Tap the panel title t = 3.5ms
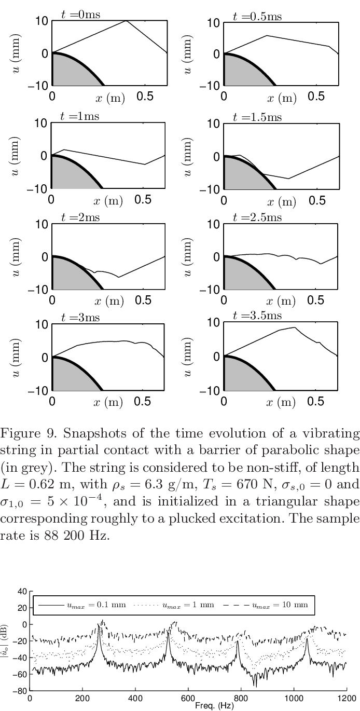click(x=257, y=316)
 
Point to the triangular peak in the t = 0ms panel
click(x=126, y=21)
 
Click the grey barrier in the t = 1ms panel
click(x=70, y=174)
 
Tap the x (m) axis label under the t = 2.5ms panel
click(x=281, y=300)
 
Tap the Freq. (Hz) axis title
click(x=214, y=706)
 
